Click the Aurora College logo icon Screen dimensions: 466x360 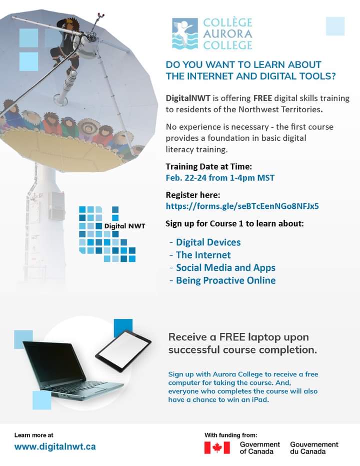[184, 34]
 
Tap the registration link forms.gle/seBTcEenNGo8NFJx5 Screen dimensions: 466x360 [242, 206]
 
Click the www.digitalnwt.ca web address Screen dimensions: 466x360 [55, 446]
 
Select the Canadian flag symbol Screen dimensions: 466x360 [217, 447]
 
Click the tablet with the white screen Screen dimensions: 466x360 [123, 350]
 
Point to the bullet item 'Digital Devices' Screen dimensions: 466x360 [208, 242]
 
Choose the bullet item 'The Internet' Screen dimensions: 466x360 [203, 255]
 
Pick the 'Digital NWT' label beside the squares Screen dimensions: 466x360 [124, 226]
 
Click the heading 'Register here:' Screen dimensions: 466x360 [192, 195]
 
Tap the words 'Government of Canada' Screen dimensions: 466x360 [259, 447]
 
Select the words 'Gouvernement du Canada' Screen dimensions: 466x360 [314, 447]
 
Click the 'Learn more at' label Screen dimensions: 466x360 [34, 435]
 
